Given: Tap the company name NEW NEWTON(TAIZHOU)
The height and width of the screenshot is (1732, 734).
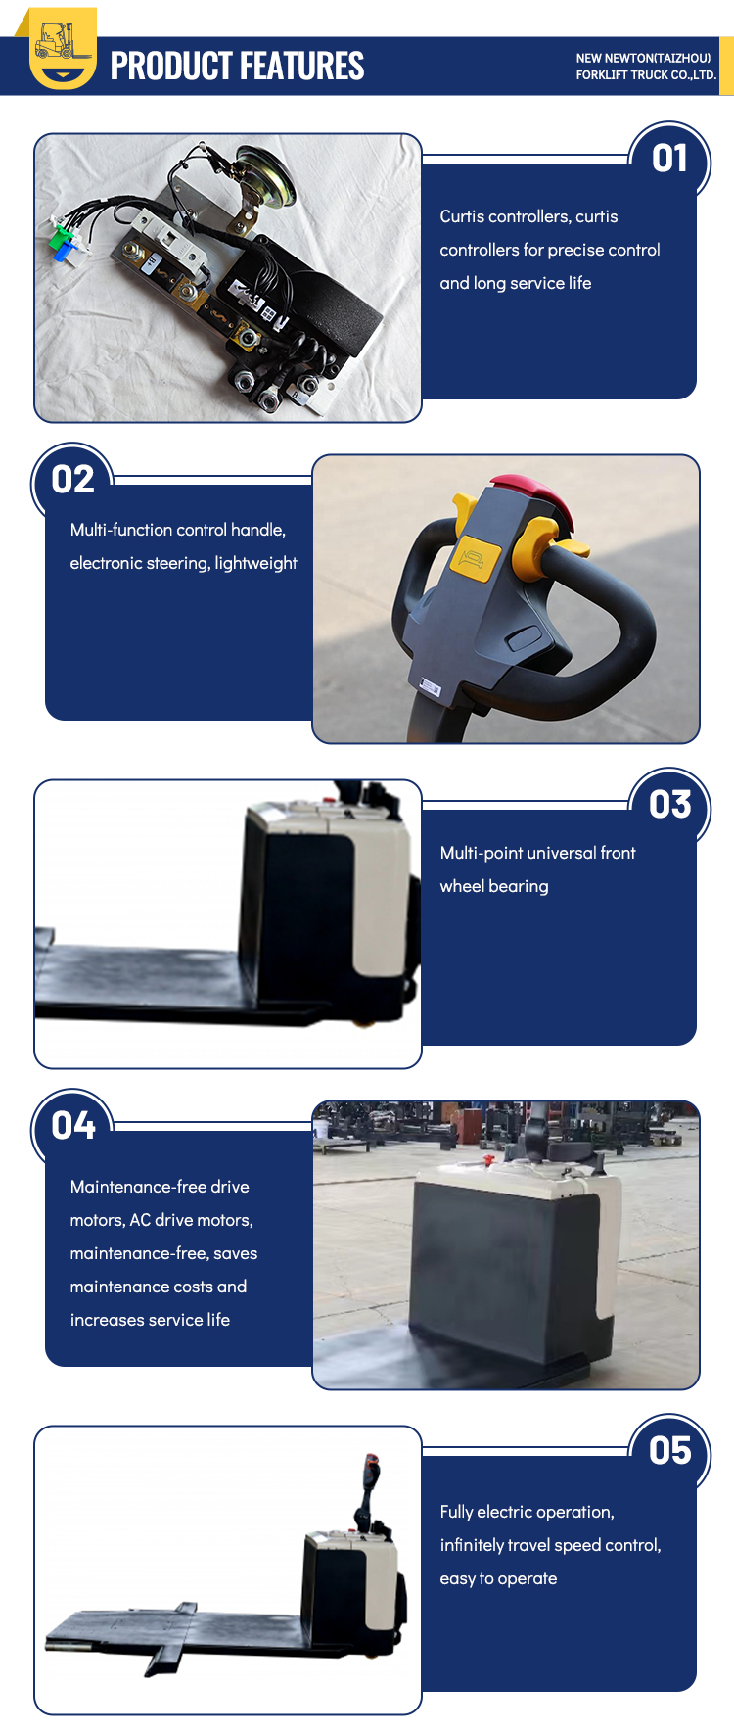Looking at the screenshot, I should pos(643,58).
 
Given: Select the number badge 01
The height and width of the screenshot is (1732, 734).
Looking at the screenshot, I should pos(669,159).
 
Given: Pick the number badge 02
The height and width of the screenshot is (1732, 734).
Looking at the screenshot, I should pos(72,480).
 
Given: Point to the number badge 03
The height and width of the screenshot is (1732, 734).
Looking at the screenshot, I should pos(669,805).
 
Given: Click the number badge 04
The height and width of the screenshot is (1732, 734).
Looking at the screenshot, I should pos(73,1126).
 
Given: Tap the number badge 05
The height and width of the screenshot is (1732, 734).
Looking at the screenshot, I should pos(669,1451).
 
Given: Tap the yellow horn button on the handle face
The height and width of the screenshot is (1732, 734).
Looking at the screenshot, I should pos(475,559).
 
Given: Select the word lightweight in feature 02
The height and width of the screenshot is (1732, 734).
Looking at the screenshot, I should pos(255,563).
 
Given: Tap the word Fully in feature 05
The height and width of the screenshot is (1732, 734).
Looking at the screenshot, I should pos(456,1512).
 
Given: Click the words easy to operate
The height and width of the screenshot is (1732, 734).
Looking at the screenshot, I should pos(498,1578).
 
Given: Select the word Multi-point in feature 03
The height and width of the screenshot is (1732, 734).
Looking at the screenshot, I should pos(482,853).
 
